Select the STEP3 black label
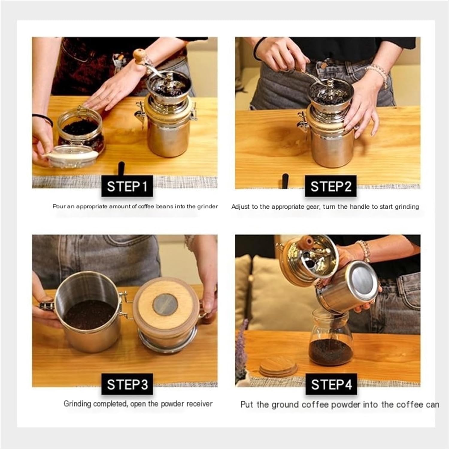pos(127,384)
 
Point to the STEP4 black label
pos(331,384)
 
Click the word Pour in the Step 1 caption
pos(59,206)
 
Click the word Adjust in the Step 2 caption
pos(240,207)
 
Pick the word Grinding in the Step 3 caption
pos(77,404)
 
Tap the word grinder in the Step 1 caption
pos(207,206)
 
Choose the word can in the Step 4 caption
pos(432,405)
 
